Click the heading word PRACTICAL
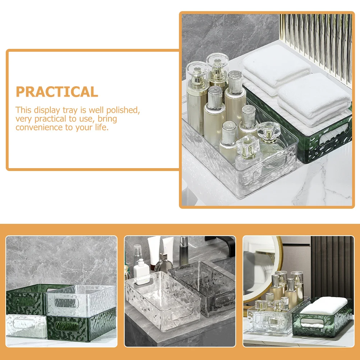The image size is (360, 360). (57, 92)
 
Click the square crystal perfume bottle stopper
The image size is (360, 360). (248, 147)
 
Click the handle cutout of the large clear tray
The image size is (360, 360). (269, 166)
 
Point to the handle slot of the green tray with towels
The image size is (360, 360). (334, 135)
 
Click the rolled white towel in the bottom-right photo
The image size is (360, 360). (324, 305)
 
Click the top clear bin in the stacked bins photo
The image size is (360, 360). (81, 300)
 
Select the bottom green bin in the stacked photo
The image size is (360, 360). (82, 325)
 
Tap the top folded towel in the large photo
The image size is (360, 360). (277, 66)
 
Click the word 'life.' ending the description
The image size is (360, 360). (101, 127)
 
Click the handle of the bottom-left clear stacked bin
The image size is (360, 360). (24, 323)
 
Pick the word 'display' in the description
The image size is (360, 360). (47, 110)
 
